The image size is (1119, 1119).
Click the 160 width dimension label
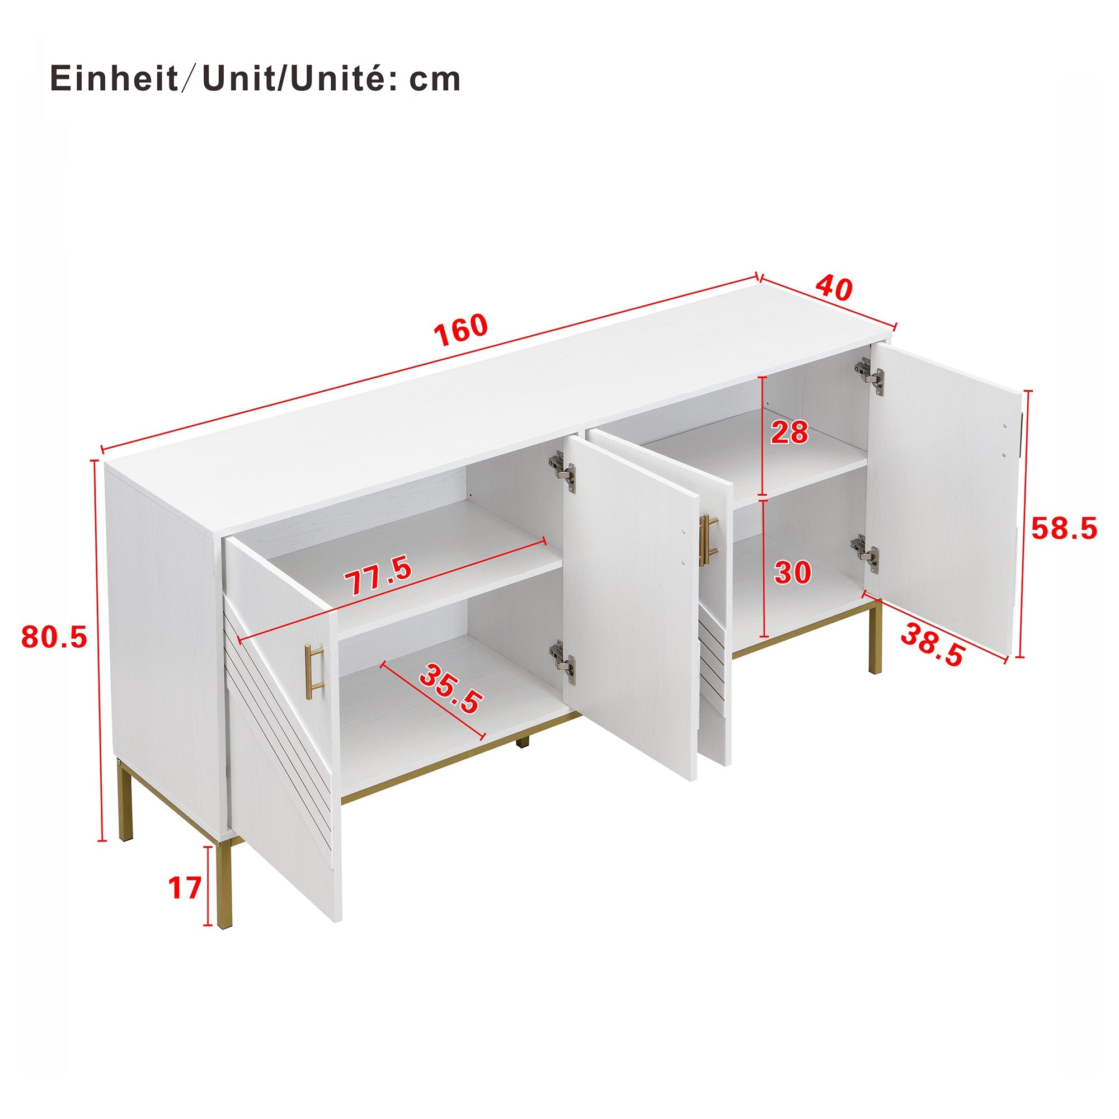click(461, 330)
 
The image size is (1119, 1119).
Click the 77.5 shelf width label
click(378, 575)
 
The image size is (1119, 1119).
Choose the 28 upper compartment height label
click(789, 432)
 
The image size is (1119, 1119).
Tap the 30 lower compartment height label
click(792, 572)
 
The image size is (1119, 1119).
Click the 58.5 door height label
click(1064, 528)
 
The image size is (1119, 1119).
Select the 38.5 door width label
click(932, 643)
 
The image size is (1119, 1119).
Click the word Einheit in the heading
click(114, 79)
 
